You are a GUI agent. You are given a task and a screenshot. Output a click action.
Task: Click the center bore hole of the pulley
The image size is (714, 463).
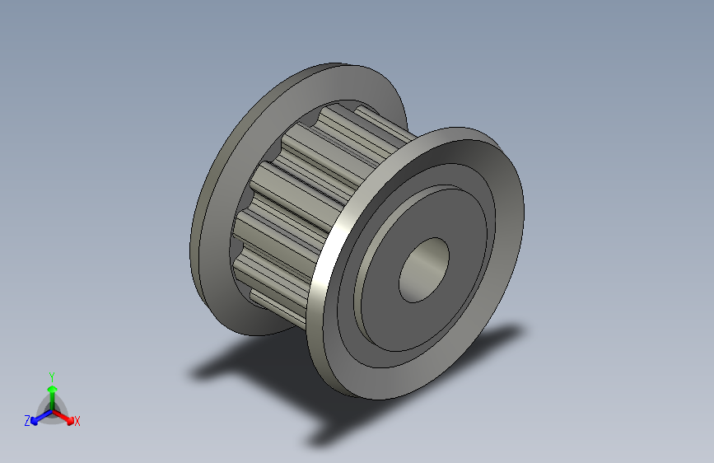424,269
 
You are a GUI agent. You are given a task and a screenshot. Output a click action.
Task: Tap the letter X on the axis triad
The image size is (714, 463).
77,421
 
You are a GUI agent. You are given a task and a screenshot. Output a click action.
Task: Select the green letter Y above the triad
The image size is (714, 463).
52,376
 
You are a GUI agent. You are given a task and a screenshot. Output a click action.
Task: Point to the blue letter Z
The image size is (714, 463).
27,421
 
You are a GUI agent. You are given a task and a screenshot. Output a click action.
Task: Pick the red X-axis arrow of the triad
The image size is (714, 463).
63,417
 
